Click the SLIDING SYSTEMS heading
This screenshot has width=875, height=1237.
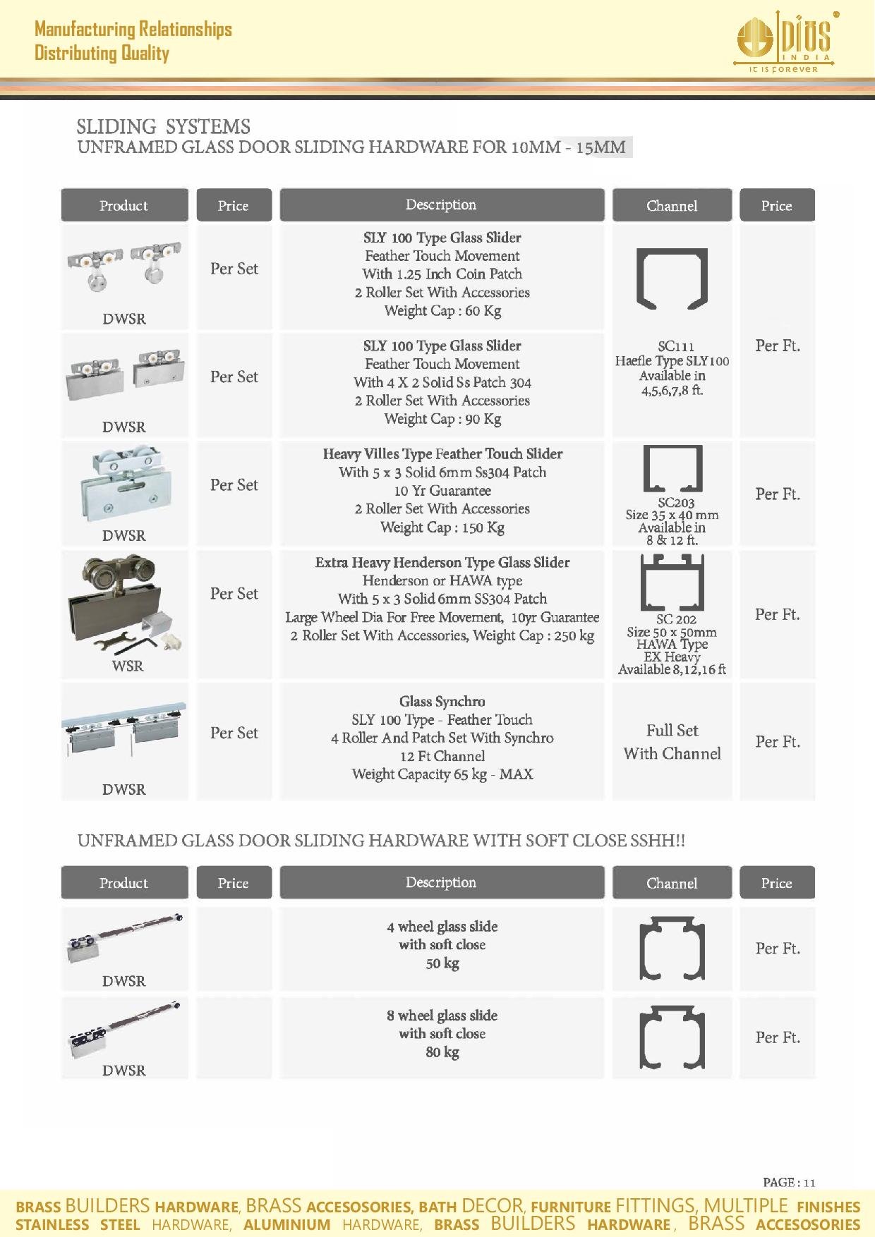pyautogui.click(x=163, y=127)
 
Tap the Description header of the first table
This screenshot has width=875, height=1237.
pyautogui.click(x=442, y=205)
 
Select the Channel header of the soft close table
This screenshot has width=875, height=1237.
pyautogui.click(x=671, y=883)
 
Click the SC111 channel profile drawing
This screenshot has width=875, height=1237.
pyautogui.click(x=671, y=279)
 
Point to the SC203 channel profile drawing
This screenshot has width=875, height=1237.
pyautogui.click(x=672, y=469)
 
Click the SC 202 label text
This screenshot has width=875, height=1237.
pyautogui.click(x=676, y=619)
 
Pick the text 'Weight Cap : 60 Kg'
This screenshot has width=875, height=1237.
pyautogui.click(x=442, y=311)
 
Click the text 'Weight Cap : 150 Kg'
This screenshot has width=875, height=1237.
pyautogui.click(x=442, y=528)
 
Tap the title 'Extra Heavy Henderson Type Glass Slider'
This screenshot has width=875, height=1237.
pyautogui.click(x=442, y=563)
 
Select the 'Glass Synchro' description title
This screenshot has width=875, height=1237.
pyautogui.click(x=442, y=702)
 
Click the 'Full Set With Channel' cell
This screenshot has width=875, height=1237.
pyautogui.click(x=672, y=742)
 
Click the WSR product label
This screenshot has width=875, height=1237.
pyautogui.click(x=127, y=666)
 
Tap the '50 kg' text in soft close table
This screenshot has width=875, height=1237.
pyautogui.click(x=442, y=963)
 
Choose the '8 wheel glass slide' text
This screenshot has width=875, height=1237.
pyautogui.click(x=442, y=1016)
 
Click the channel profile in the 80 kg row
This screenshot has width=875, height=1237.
pyautogui.click(x=672, y=1038)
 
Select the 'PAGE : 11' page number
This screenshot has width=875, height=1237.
pyautogui.click(x=789, y=1183)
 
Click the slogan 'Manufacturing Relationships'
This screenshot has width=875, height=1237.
pyautogui.click(x=133, y=30)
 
